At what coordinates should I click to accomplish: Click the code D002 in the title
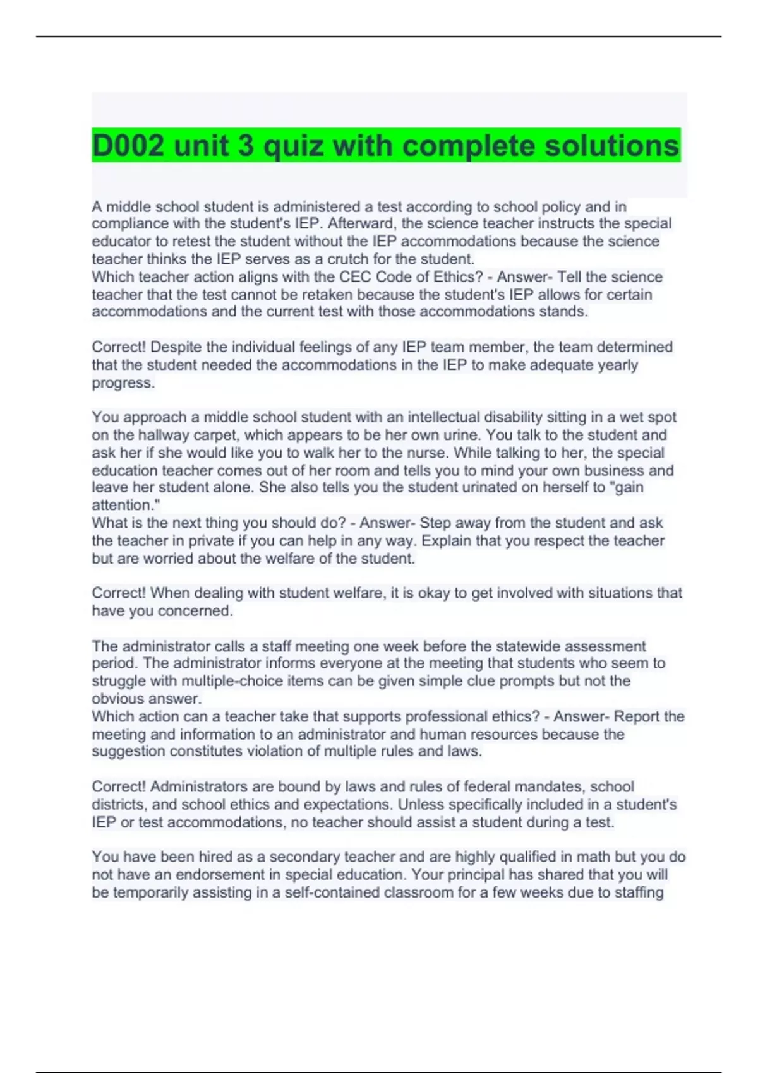[128, 146]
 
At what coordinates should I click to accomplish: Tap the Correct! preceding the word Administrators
[119, 787]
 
